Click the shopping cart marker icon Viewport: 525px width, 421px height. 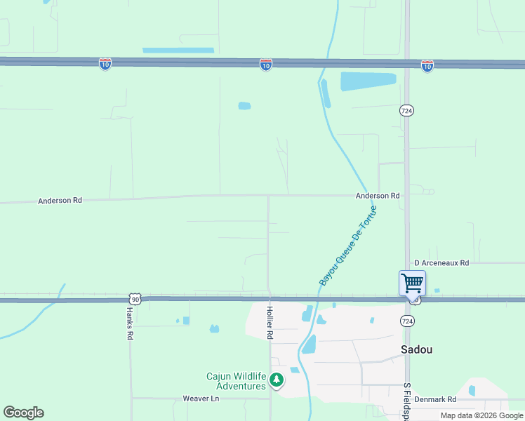tap(412, 283)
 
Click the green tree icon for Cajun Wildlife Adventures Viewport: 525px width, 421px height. tap(277, 380)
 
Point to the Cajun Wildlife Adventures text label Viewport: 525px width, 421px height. tap(236, 381)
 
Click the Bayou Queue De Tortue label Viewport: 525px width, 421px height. tap(348, 245)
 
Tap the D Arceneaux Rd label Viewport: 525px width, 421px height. tap(441, 262)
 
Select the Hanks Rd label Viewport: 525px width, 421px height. tap(130, 323)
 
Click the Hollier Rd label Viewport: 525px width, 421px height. tap(270, 323)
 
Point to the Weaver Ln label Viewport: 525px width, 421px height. tap(201, 398)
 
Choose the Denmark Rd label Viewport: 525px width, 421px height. tap(435, 399)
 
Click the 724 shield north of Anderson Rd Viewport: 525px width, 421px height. tap(406, 110)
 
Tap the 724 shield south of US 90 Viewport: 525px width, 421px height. tap(406, 320)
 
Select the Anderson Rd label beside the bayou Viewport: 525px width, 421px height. tap(377, 196)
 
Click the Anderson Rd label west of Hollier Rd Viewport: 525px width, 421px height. tap(60, 200)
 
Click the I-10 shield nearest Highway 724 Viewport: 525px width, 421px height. tap(427, 65)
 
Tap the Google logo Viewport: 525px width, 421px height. tap(23, 413)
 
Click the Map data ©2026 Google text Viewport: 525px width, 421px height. tap(481, 415)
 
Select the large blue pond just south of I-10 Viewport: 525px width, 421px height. tap(368, 81)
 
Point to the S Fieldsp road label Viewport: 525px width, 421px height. tap(406, 402)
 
